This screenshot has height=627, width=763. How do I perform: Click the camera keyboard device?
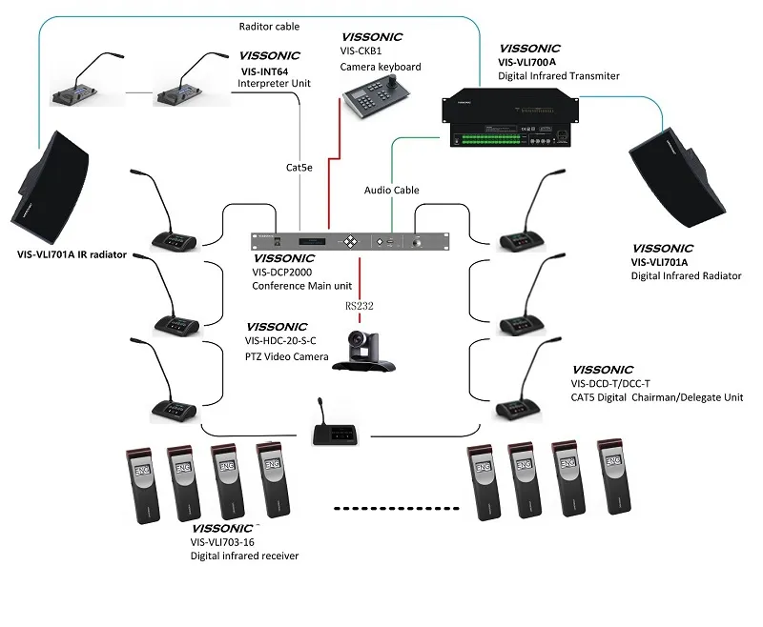point(375,97)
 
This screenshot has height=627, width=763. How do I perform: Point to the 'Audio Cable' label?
point(391,191)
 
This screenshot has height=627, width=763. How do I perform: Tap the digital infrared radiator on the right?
point(678,172)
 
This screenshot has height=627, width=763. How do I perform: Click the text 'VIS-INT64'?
point(263,71)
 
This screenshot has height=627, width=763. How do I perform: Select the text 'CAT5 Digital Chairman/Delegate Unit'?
point(657,397)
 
